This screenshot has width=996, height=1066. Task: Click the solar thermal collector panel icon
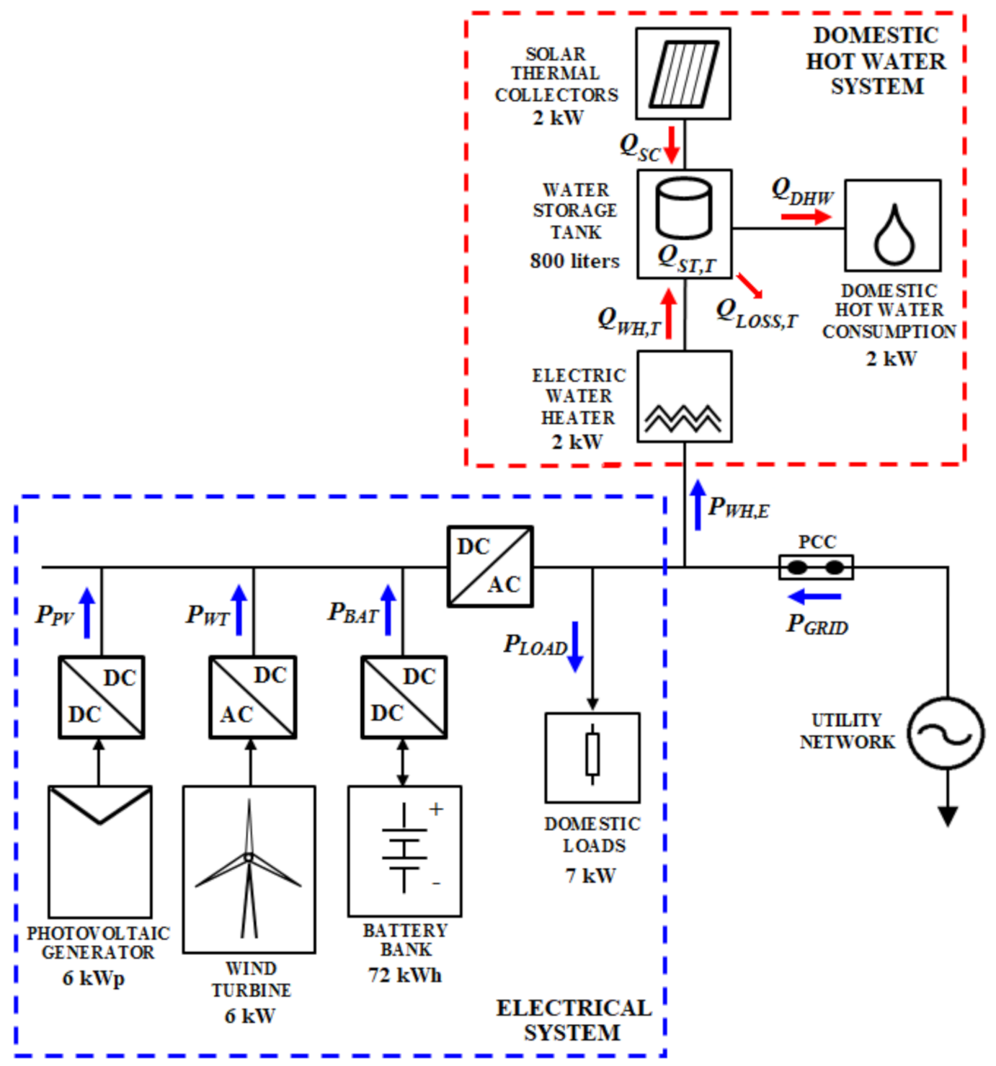683,74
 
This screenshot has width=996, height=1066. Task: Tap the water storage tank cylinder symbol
684,208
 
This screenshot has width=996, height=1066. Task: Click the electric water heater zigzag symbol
683,417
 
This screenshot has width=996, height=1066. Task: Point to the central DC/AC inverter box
490,567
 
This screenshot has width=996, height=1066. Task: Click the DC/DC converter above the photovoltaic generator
102,696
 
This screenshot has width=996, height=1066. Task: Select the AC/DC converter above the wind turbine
252,696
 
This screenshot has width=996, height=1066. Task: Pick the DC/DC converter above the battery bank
404,696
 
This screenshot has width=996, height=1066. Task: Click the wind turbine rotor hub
249,857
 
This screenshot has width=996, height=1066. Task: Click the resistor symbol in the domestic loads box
592,754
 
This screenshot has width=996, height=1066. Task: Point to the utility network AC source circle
945,734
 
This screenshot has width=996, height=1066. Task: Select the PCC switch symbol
816,567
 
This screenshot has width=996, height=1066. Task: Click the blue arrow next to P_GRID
814,597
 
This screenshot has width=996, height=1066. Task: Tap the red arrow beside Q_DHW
806,216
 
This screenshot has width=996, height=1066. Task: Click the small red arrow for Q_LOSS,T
750,285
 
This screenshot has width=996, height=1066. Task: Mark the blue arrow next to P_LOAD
575,647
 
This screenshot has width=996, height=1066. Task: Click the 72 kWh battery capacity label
404,975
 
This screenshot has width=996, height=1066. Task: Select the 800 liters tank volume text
574,261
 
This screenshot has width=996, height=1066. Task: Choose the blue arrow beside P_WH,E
697,505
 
